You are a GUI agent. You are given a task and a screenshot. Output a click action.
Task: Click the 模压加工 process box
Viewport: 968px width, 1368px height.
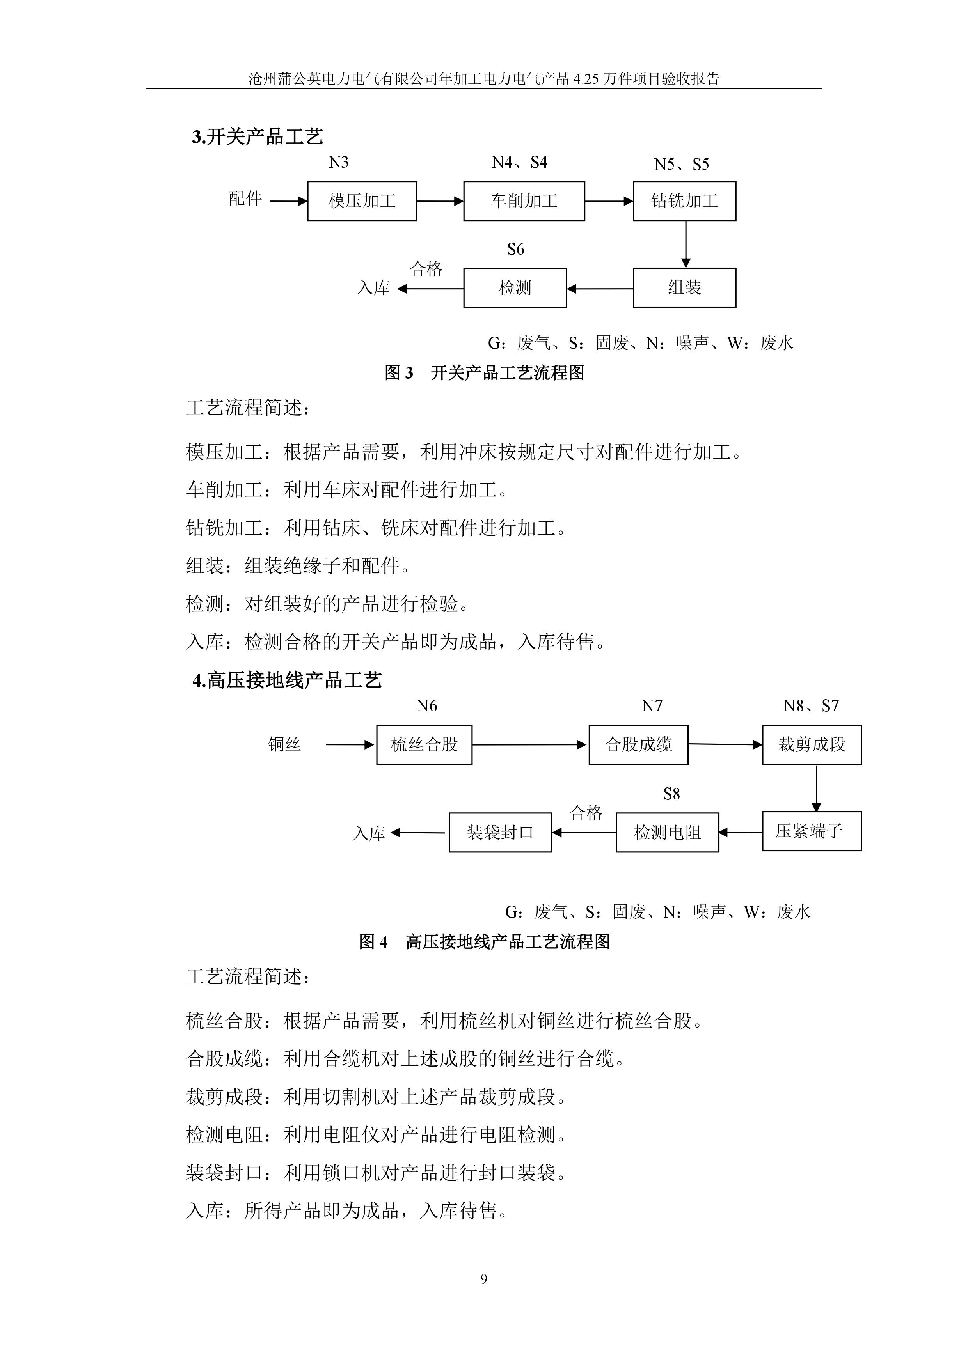click(362, 201)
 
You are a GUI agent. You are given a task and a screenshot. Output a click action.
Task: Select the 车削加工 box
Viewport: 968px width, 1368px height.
click(524, 201)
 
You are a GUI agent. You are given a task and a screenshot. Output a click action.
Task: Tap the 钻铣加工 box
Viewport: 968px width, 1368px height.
click(684, 201)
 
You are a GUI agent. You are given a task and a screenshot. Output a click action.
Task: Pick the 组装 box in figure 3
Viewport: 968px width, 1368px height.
click(684, 288)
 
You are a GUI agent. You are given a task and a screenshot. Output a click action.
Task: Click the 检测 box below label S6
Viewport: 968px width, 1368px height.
click(515, 288)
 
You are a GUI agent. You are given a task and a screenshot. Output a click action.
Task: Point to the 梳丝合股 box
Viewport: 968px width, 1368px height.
click(424, 744)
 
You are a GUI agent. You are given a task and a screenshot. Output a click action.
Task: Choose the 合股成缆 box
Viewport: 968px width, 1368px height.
click(638, 744)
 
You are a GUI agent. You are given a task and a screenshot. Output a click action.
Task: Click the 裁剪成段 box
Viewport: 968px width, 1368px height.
click(812, 744)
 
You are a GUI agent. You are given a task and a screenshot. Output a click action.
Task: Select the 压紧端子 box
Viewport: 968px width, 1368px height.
click(812, 831)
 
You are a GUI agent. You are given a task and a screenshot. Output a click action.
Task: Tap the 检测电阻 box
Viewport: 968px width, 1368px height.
click(668, 832)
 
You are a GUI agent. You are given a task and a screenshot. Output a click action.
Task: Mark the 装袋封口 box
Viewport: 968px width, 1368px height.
click(500, 832)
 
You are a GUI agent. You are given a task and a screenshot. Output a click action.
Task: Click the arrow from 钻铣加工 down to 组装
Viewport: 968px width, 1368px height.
click(686, 244)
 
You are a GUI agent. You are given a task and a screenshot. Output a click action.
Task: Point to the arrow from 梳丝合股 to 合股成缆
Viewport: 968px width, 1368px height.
click(530, 744)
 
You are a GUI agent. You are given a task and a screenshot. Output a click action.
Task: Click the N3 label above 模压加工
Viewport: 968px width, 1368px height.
click(339, 162)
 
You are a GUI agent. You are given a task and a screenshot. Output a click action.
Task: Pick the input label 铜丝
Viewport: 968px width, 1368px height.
click(284, 744)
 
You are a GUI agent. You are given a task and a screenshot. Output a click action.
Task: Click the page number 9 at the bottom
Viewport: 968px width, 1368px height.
click(483, 1279)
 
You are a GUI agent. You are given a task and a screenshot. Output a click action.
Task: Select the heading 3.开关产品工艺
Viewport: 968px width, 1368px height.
click(258, 136)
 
